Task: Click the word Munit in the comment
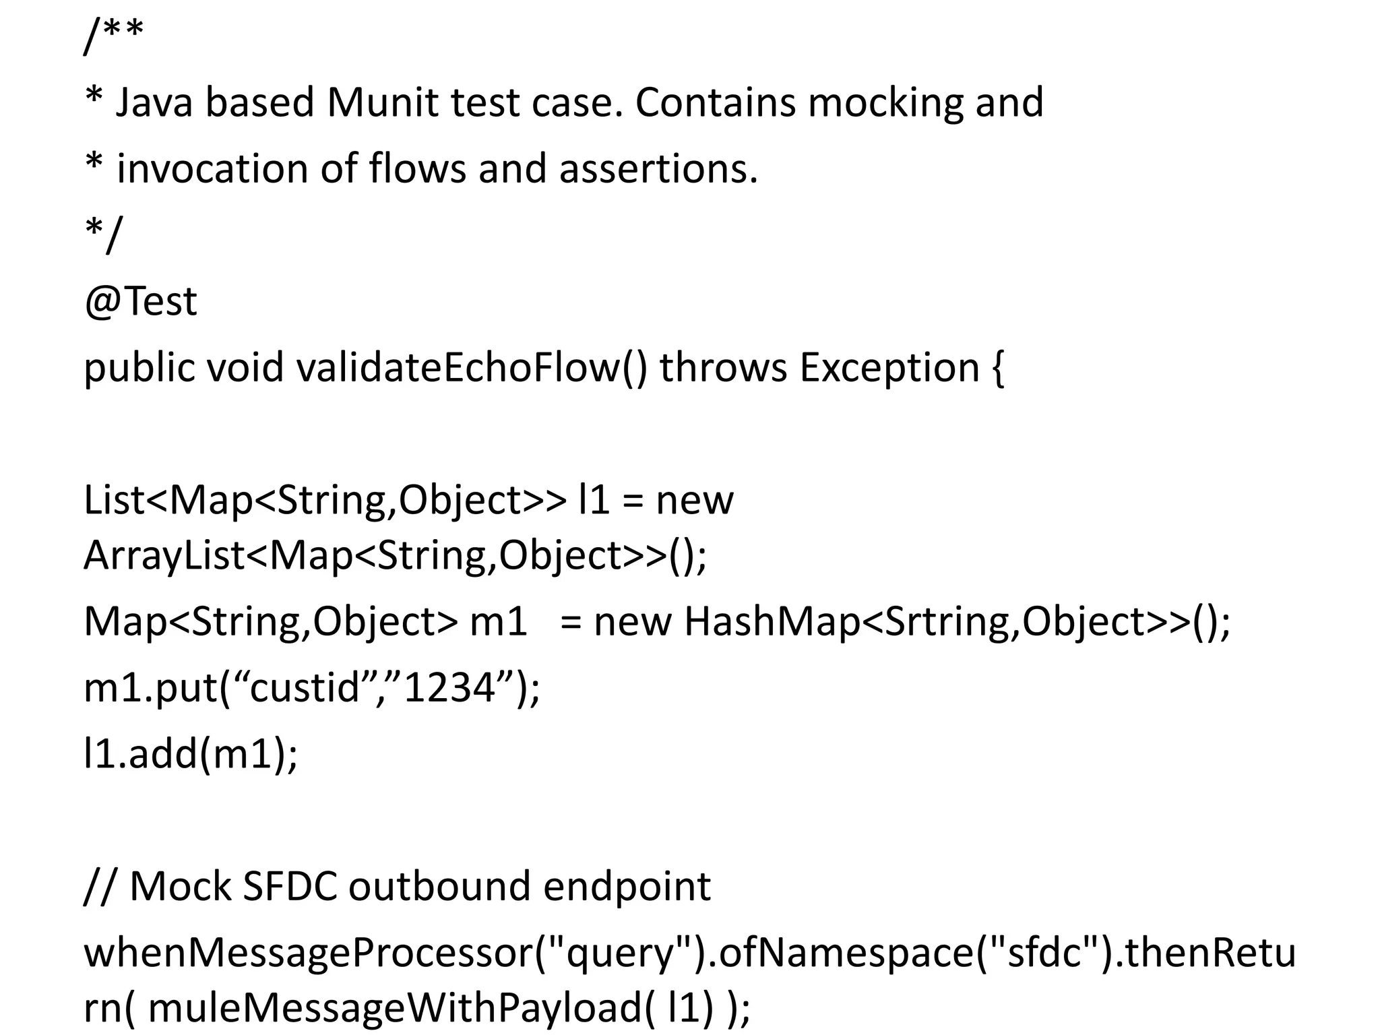382,103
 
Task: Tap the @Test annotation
140,301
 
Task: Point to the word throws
723,368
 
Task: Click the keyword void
245,368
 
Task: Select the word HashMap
772,621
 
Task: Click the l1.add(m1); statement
190,754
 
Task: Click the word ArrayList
164,556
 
